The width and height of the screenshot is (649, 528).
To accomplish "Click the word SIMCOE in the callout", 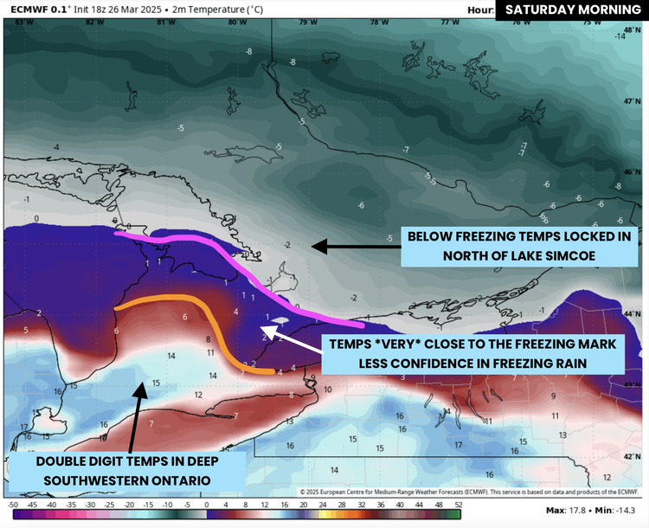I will tap(564, 255).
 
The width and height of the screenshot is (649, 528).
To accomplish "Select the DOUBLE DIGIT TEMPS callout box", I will tap(126, 470).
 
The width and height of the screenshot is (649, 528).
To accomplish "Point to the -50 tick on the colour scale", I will tap(13, 504).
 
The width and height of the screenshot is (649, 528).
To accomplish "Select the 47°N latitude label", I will tap(629, 101).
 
